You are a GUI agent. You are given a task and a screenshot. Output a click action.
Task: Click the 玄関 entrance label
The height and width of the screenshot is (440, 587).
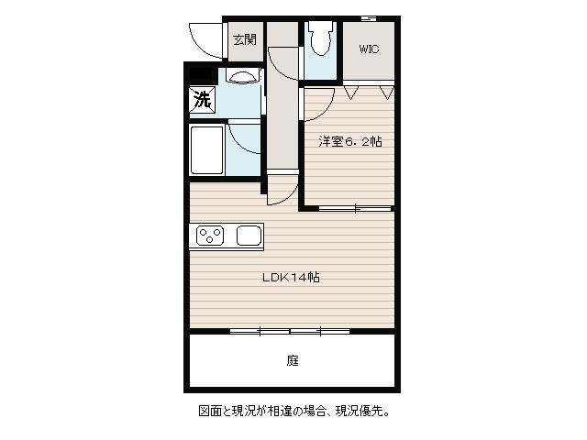pyautogui.click(x=245, y=39)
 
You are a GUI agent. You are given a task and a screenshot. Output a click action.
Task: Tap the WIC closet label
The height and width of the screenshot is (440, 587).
pyautogui.click(x=369, y=49)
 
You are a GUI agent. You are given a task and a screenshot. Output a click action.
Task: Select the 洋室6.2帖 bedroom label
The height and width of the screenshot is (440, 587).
pyautogui.click(x=350, y=141)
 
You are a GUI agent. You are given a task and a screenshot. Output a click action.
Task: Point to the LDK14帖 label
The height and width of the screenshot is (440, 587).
pyautogui.click(x=291, y=277)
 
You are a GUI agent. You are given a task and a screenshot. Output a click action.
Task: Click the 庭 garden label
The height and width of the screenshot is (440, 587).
pyautogui.click(x=293, y=360)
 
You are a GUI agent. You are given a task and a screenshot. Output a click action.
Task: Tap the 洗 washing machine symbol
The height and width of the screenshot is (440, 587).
pyautogui.click(x=202, y=99)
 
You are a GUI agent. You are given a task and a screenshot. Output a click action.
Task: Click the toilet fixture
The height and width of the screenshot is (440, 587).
pyautogui.click(x=320, y=38)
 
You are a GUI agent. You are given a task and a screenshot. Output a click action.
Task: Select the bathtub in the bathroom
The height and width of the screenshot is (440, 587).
pyautogui.click(x=206, y=150)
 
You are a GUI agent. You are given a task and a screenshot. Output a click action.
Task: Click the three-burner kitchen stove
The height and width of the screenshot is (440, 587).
pyautogui.click(x=210, y=236)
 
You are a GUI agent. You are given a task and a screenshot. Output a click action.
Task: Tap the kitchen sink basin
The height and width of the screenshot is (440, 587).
pyautogui.click(x=249, y=236)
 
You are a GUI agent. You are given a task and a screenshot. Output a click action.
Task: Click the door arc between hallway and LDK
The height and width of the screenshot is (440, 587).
pyautogui.click(x=288, y=198)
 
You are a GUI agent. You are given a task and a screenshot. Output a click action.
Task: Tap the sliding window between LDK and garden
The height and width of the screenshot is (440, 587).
pyautogui.click(x=290, y=332)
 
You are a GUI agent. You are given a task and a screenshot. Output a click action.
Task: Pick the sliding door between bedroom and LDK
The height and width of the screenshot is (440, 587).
pyautogui.click(x=355, y=208)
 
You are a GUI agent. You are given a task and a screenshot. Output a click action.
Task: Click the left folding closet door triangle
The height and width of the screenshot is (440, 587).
pyautogui.click(x=351, y=93)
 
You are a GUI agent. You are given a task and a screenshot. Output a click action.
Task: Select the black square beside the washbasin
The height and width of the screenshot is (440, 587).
pyautogui.click(x=200, y=73)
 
